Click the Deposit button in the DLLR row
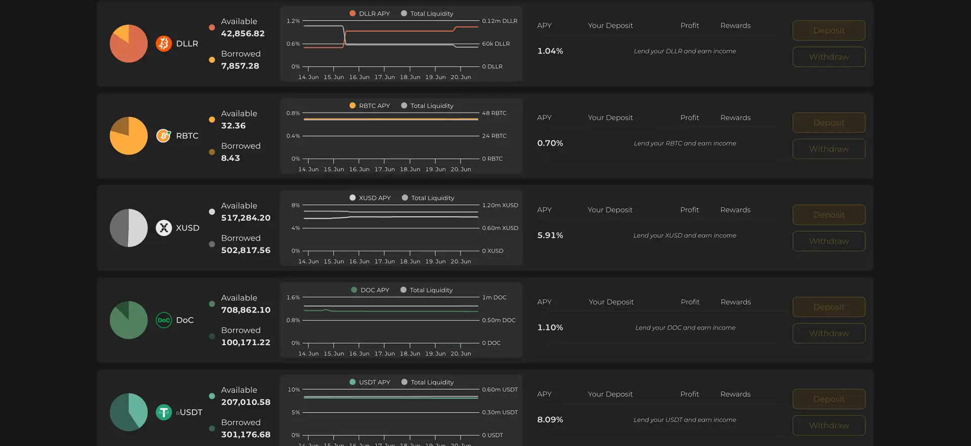coord(828,30)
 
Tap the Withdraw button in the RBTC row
coord(828,149)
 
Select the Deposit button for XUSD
coord(828,215)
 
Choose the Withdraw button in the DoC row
coord(828,333)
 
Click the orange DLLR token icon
coord(163,44)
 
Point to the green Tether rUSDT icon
coord(163,412)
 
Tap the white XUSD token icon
coord(163,228)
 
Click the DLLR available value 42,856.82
coord(243,33)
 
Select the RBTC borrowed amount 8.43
coord(231,158)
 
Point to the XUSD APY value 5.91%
coord(550,235)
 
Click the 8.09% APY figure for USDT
coord(550,420)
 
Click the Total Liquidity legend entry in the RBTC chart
coord(427,106)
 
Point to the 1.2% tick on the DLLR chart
coord(293,21)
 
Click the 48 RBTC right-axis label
coord(494,113)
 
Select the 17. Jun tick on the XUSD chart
coord(384,262)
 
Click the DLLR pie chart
coord(128,44)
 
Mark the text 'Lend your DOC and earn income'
coord(685,328)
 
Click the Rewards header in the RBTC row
coord(735,117)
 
